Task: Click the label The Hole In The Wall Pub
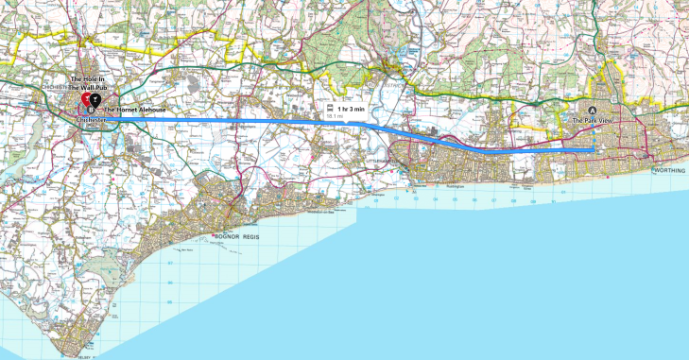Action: pos(92,82)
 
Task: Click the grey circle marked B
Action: pos(91,110)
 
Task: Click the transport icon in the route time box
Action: pos(331,110)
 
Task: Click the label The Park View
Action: pos(593,122)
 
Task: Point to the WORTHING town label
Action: pos(670,170)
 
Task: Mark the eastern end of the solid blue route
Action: pos(593,149)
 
